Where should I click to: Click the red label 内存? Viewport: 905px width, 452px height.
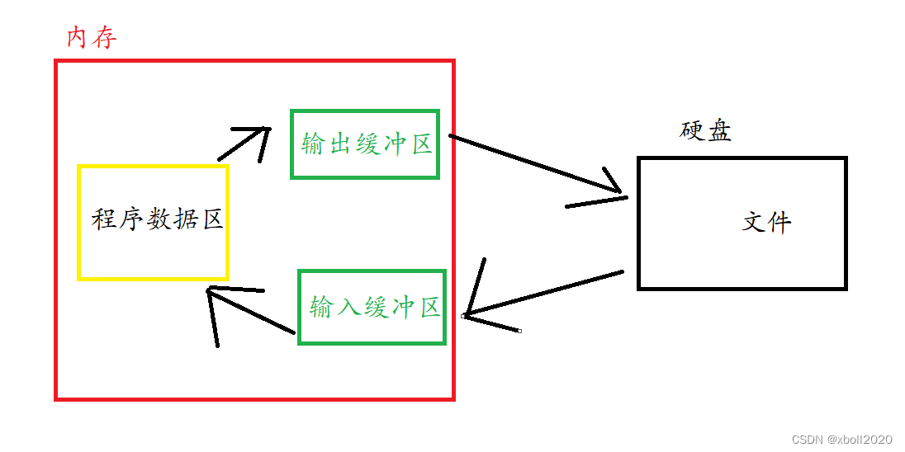click(x=91, y=37)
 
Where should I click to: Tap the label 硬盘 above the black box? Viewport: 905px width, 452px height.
click(x=706, y=131)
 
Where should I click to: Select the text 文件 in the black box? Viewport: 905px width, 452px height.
click(x=767, y=222)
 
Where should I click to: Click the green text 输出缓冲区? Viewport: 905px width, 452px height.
click(x=367, y=144)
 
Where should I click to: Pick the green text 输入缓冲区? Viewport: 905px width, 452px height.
click(x=374, y=308)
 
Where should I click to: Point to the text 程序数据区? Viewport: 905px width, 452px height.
click(x=157, y=219)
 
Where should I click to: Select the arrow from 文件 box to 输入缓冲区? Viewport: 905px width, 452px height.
click(x=545, y=293)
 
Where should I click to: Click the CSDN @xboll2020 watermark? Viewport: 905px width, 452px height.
click(x=841, y=440)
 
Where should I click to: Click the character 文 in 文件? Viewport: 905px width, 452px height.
click(x=755, y=222)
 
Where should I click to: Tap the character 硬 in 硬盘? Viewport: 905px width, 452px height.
click(x=693, y=131)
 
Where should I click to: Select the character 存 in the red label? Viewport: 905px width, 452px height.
click(x=104, y=37)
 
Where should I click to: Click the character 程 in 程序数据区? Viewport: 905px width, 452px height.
click(x=103, y=219)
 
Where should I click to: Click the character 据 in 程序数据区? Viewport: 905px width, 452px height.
click(x=183, y=219)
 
